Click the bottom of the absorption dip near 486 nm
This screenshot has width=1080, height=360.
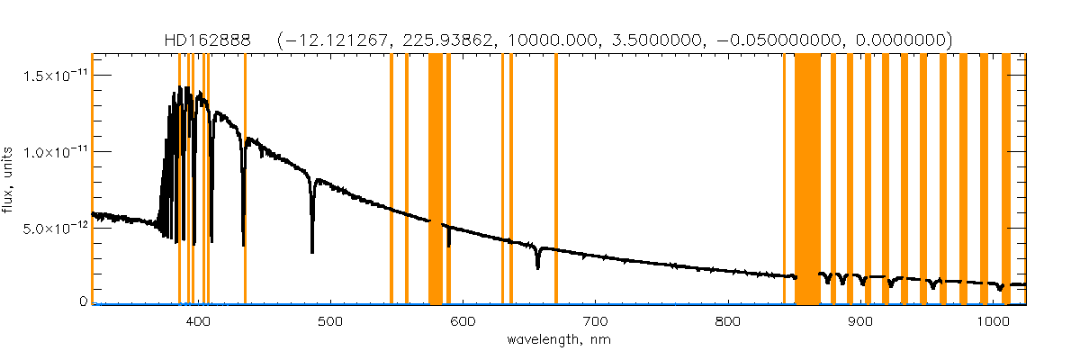click(x=312, y=251)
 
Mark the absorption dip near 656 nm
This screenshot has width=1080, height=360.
click(x=537, y=267)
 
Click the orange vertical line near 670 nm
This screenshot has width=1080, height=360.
click(x=556, y=180)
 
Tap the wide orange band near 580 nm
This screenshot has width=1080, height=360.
click(x=436, y=180)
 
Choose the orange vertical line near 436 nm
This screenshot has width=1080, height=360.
click(x=245, y=180)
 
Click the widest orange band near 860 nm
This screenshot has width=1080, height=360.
click(x=807, y=180)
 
